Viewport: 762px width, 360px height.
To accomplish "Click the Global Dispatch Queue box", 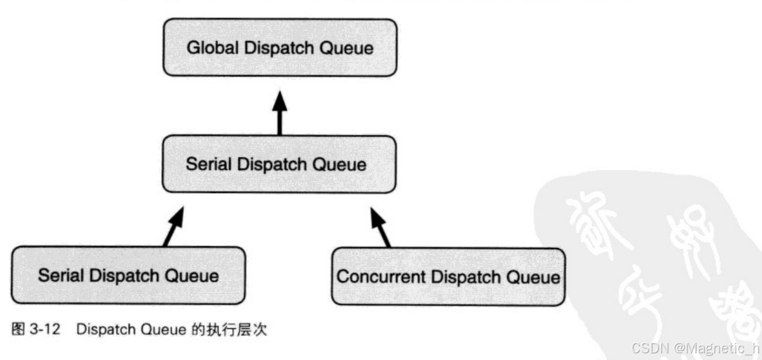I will pyautogui.click(x=279, y=48).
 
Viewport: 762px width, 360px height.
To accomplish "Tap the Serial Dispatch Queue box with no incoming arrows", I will pyautogui.click(x=128, y=276).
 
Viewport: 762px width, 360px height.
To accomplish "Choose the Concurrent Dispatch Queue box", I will pyautogui.click(x=448, y=277).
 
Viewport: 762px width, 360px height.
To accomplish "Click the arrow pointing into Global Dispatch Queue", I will pyautogui.click(x=279, y=114).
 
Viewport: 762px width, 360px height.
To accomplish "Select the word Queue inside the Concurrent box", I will pyautogui.click(x=535, y=277).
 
